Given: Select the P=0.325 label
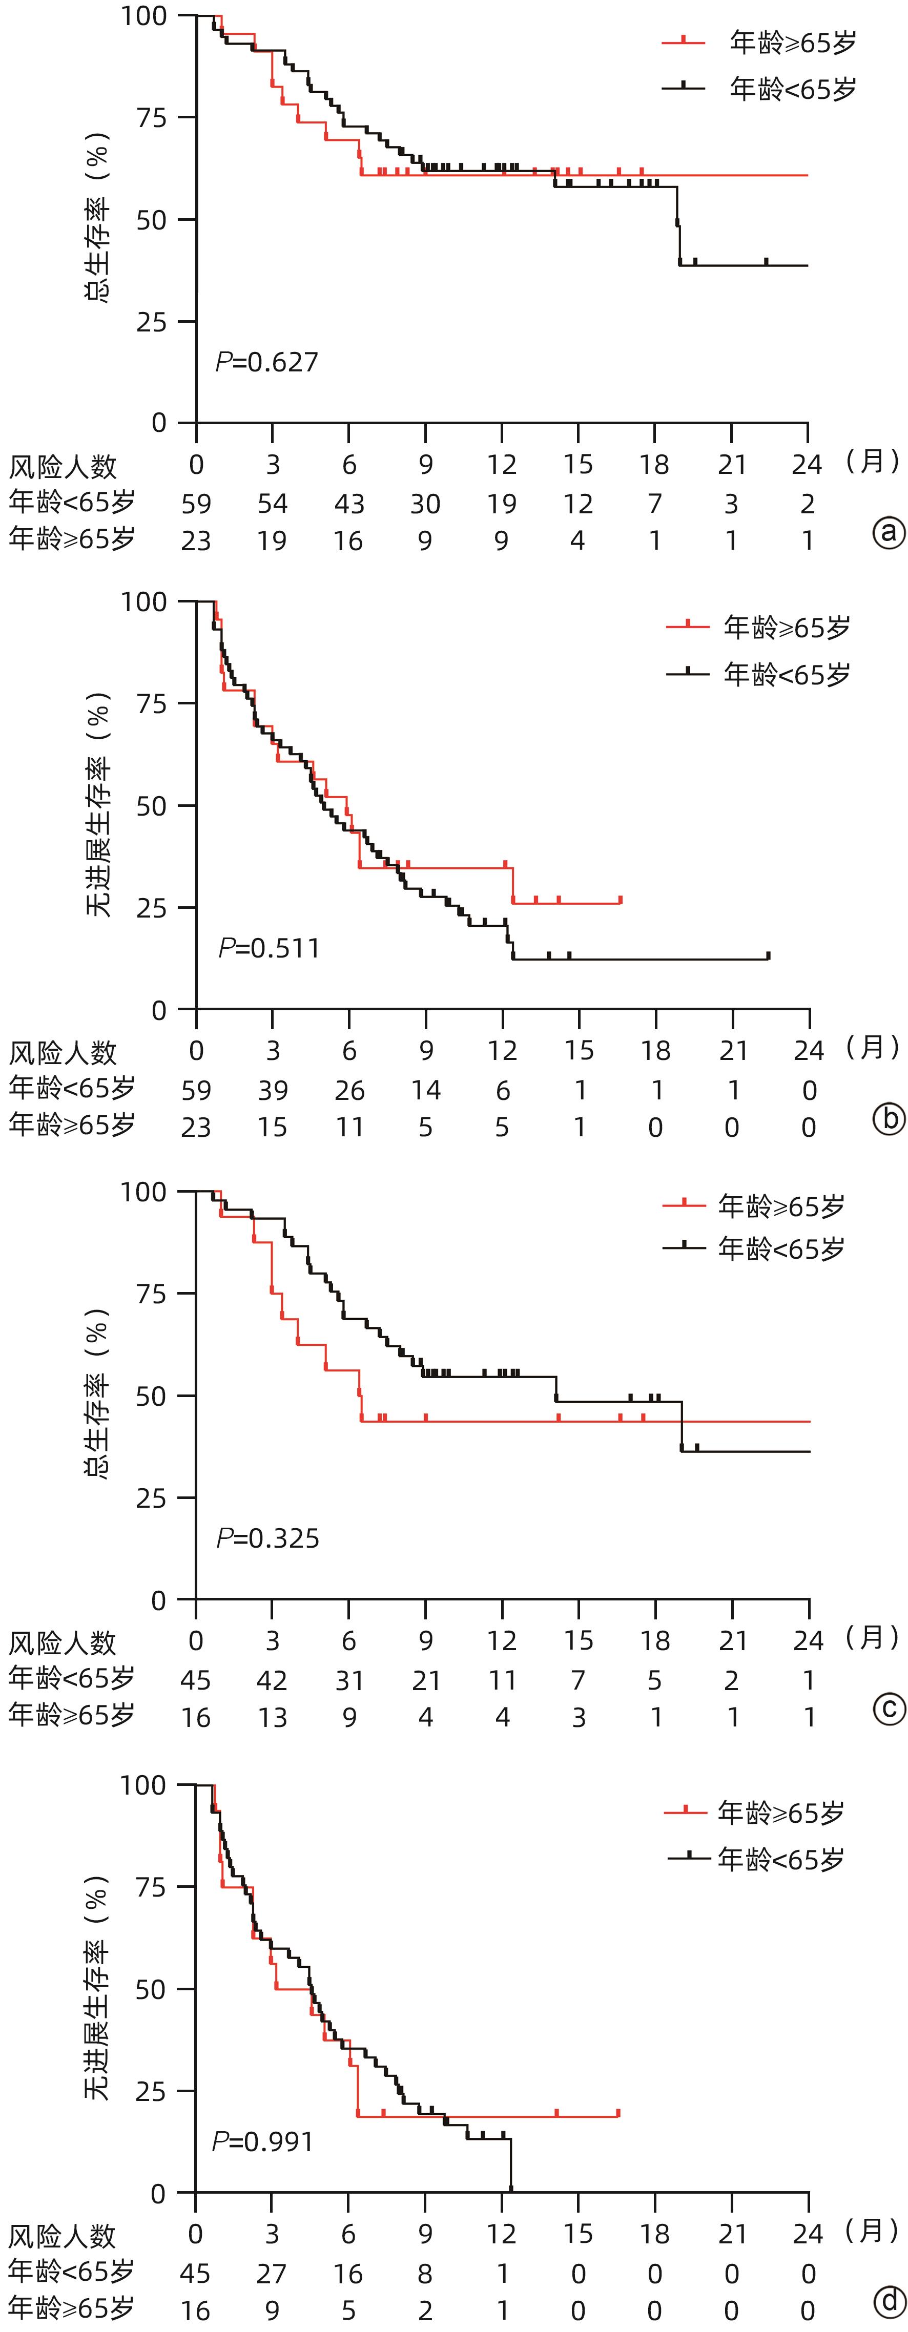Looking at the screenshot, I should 268,1538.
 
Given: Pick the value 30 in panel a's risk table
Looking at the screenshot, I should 425,503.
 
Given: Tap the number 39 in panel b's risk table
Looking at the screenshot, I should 273,1090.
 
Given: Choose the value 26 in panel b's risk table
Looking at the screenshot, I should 349,1090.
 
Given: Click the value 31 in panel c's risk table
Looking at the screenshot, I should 349,1680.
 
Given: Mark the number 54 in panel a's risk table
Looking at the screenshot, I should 273,503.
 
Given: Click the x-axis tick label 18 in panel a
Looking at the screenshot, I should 654,465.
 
